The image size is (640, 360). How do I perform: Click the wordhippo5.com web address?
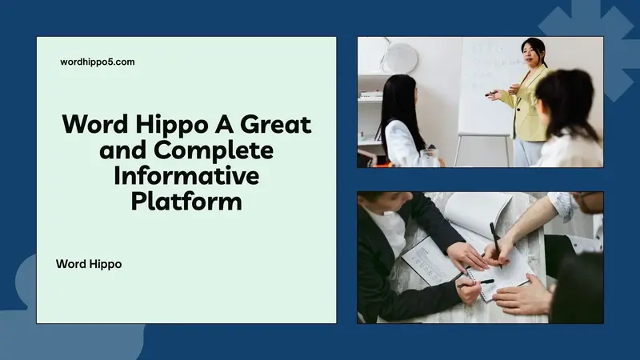coord(98,62)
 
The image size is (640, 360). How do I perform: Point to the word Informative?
coord(186,175)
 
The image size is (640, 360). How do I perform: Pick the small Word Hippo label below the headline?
coord(89,263)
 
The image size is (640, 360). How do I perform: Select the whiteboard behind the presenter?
coord(484,80)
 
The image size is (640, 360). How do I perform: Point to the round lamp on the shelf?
coord(402,56)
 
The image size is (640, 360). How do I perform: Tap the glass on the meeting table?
coord(430,158)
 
